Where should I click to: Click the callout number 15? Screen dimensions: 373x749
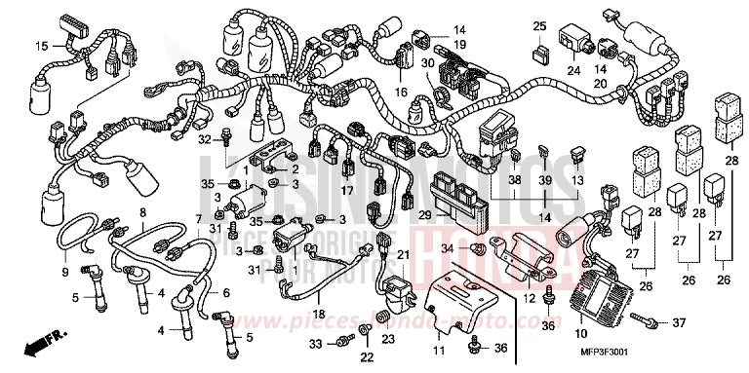click(x=41, y=46)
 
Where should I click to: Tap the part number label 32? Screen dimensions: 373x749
click(x=204, y=139)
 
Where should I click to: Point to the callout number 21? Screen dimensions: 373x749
click(x=401, y=253)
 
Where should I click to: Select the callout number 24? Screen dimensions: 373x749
click(x=573, y=70)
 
